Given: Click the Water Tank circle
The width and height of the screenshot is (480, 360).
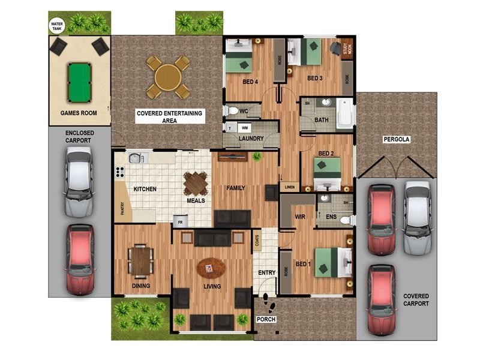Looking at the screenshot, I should (56, 26).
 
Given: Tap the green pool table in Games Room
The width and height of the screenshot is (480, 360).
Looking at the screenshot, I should (80, 76).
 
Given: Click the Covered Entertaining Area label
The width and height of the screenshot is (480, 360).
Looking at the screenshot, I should (170, 116).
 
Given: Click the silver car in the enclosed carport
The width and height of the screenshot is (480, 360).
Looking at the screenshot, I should (79, 182).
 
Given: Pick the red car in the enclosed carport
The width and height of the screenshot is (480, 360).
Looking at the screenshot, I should (80, 259).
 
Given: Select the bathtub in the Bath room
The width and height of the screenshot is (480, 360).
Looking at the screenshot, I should (345, 113).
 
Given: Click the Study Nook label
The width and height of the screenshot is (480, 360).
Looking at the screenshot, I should (346, 49).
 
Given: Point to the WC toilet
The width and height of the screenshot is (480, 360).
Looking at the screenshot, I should (231, 111).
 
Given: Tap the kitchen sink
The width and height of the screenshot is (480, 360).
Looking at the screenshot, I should (136, 158).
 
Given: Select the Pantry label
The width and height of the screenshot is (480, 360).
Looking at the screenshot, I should (122, 208).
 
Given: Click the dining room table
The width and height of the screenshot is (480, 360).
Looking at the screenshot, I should (140, 260).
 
